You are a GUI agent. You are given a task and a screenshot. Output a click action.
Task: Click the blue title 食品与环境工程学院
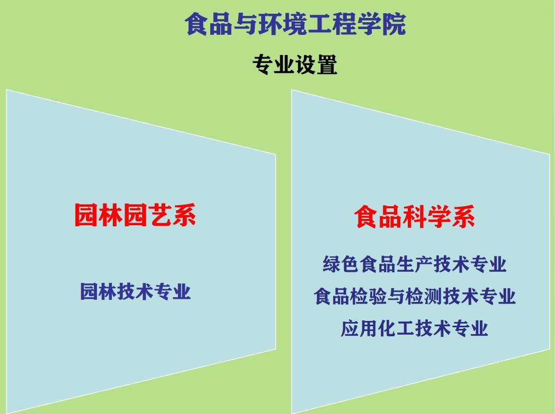295,24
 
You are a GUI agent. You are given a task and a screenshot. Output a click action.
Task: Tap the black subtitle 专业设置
295,65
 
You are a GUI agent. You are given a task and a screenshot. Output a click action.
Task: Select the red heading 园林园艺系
135,215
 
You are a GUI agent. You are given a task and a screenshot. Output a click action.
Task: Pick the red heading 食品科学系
415,217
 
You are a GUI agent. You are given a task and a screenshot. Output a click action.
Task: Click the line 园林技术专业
136,291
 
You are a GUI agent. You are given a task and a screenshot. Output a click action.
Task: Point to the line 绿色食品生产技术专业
415,264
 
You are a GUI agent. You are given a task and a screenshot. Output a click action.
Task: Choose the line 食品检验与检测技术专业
415,296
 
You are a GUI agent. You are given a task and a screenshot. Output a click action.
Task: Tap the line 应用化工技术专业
415,328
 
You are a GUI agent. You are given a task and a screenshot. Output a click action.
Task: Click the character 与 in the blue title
246,24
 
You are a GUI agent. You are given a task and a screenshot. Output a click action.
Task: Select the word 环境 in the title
283,24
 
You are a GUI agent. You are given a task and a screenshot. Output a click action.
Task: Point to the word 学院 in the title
381,24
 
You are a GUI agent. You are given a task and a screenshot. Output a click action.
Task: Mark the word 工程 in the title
332,24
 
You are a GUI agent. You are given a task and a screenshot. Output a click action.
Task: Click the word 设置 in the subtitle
317,65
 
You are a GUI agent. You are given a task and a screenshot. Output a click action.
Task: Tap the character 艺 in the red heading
159,215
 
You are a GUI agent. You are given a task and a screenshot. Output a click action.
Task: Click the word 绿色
341,264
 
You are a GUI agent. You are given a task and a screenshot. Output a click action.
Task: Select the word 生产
415,264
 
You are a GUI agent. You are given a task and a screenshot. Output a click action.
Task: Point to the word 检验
369,296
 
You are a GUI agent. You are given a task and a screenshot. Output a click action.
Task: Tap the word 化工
396,328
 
